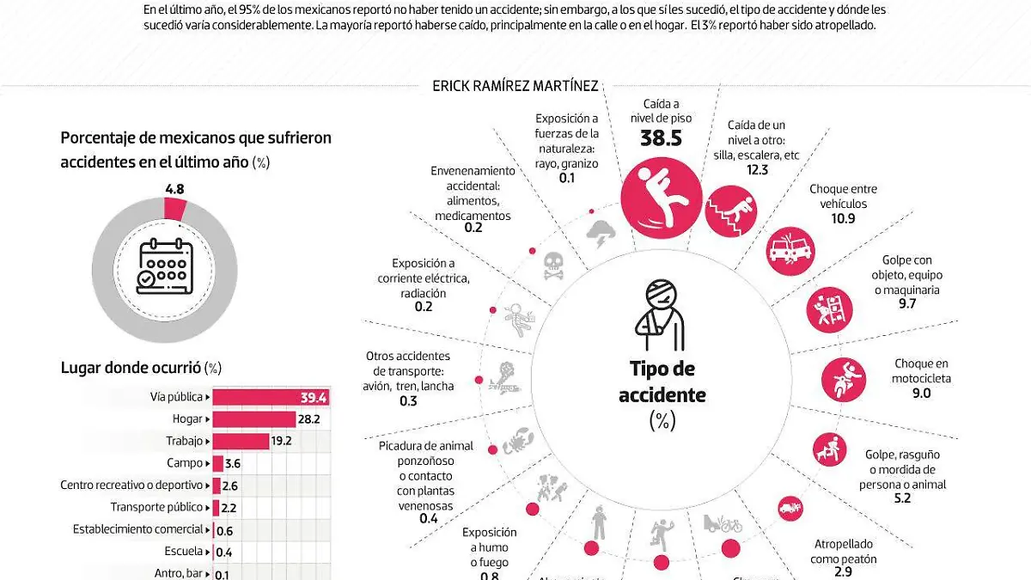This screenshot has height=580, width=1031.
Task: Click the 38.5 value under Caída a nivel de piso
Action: (661, 138)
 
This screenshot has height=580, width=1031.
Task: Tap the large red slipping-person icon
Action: (661, 199)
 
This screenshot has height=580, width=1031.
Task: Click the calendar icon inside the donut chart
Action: (164, 267)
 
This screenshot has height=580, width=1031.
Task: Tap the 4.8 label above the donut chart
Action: (174, 189)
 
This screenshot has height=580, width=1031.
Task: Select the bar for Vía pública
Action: (271, 396)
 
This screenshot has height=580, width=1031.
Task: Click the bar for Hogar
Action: (253, 418)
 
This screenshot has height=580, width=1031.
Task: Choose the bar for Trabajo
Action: (241, 441)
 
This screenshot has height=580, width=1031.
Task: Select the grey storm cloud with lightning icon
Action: (599, 232)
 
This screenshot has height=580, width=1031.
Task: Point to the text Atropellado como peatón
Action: (843, 552)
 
